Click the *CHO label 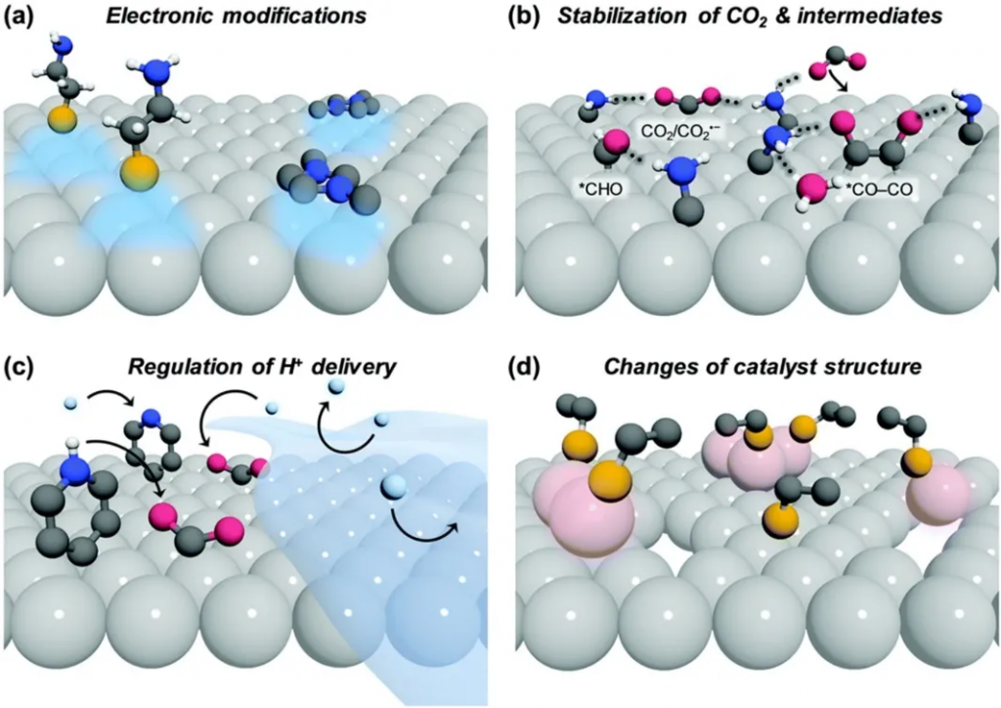[x=598, y=185]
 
